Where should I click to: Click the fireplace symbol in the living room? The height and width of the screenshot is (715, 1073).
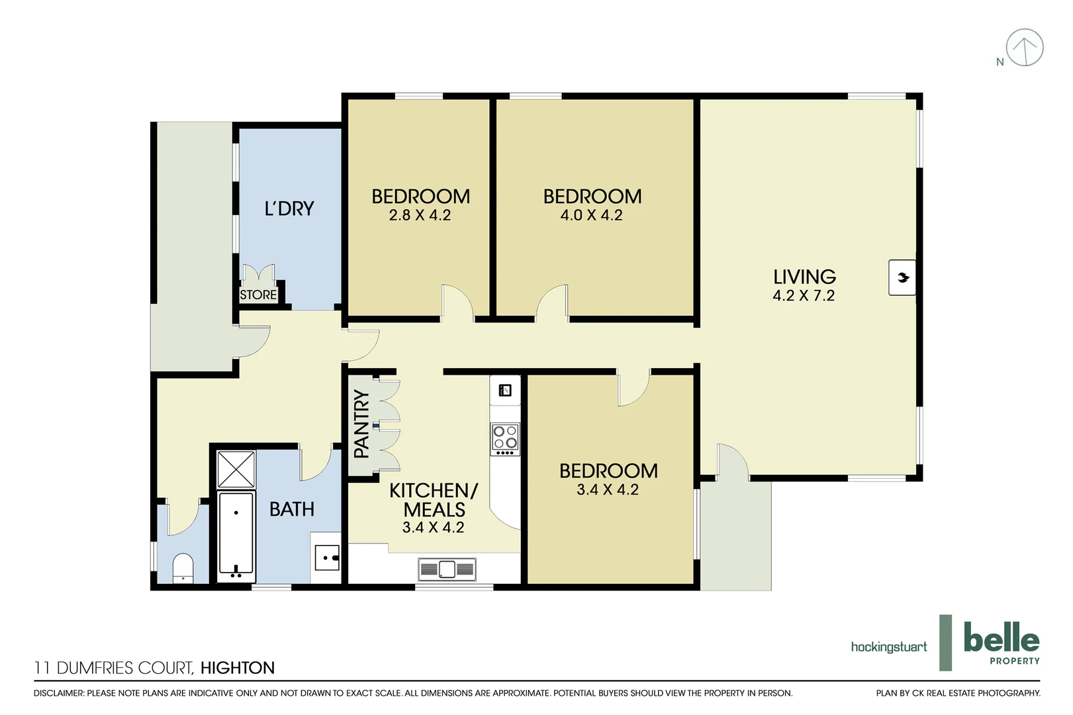pos(902,277)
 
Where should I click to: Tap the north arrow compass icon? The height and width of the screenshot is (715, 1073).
pos(1024,48)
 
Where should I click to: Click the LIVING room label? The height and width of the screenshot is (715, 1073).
pos(804,277)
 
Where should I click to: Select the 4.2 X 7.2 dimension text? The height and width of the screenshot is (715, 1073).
pos(804,296)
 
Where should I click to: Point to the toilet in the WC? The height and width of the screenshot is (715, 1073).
pos(183,569)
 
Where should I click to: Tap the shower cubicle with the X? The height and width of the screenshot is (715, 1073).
pos(236,469)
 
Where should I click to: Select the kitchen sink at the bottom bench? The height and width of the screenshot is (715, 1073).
pos(447,569)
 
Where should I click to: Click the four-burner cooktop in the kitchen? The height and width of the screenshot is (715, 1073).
pos(505,440)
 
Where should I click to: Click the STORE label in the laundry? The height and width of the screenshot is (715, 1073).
pos(258,295)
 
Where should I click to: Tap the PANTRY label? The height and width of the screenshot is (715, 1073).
pos(361,424)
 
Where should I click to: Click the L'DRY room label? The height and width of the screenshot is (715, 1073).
pos(289,209)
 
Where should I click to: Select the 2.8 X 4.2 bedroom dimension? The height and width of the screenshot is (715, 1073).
pos(420,215)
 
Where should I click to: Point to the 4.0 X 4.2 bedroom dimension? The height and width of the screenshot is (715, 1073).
pos(591,215)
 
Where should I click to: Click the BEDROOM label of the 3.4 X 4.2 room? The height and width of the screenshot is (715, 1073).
pos(608,471)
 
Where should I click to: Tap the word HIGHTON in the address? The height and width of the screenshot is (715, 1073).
pos(237,668)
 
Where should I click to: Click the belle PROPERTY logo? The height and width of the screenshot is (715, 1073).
pos(1001,643)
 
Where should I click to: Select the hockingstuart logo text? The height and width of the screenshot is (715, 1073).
pos(888,647)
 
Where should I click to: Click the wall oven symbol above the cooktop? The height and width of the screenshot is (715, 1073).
pos(505,390)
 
